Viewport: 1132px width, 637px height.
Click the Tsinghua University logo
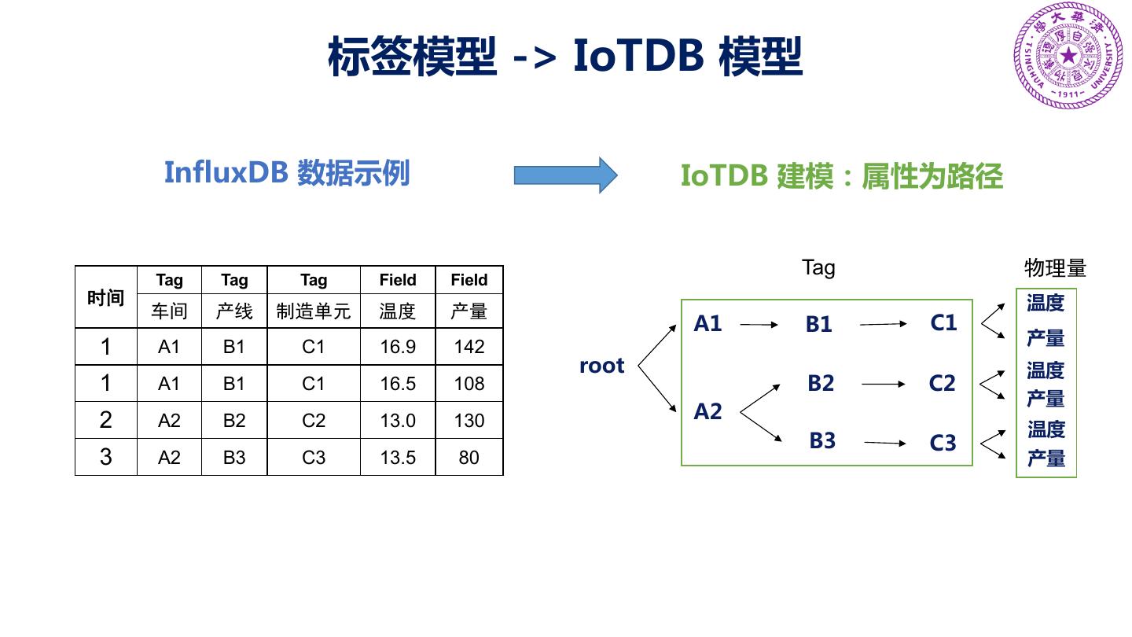pyautogui.click(x=1068, y=56)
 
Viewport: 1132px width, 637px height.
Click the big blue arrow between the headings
pyautogui.click(x=565, y=175)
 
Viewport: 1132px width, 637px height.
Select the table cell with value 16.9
pyautogui.click(x=397, y=347)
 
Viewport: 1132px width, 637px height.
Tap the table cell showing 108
pyautogui.click(x=469, y=384)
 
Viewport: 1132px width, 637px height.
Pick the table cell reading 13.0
pyautogui.click(x=397, y=421)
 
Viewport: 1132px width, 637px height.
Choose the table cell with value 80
pyautogui.click(x=469, y=458)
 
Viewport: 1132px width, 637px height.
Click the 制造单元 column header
pyautogui.click(x=313, y=311)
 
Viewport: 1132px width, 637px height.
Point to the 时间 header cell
pyautogui.click(x=106, y=297)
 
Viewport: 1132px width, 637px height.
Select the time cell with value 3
pyautogui.click(x=106, y=458)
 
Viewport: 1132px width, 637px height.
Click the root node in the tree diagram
pyautogui.click(x=601, y=366)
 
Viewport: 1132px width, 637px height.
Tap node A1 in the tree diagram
pyautogui.click(x=707, y=323)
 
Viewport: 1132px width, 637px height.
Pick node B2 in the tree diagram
pyautogui.click(x=820, y=383)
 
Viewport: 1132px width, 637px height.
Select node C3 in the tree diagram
pyautogui.click(x=943, y=444)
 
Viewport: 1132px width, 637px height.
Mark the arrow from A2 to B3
pyautogui.click(x=761, y=428)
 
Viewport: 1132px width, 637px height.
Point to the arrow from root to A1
pyautogui.click(x=657, y=345)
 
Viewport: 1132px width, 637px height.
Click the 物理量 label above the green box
pyautogui.click(x=1055, y=268)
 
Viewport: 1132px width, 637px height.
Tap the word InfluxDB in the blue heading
pyautogui.click(x=226, y=173)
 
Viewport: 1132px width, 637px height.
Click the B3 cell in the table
pyautogui.click(x=234, y=458)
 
